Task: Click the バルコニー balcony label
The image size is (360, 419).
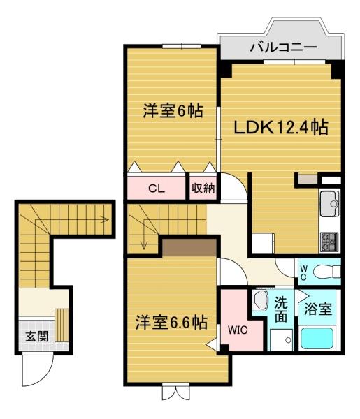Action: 284,47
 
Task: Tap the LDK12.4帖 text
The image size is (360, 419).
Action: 281,127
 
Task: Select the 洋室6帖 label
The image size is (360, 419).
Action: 173,110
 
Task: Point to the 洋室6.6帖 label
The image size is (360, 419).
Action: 171,322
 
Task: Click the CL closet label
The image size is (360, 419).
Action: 157,189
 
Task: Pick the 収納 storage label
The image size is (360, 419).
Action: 203,189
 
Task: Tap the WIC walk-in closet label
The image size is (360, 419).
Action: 238,330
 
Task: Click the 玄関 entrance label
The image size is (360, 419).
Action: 37,336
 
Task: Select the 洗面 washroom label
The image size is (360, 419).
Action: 281,309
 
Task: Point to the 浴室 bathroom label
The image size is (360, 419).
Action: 318,309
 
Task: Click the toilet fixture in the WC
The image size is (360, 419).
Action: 327,272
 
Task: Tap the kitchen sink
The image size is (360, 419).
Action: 329,204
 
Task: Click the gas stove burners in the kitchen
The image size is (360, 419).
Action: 329,242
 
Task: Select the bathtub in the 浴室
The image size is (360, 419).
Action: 317,338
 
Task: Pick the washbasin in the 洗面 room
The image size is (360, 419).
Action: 260,300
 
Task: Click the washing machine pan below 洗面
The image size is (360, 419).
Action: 282,340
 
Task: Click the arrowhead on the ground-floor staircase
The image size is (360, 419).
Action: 106,220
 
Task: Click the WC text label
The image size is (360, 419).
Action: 303,273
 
